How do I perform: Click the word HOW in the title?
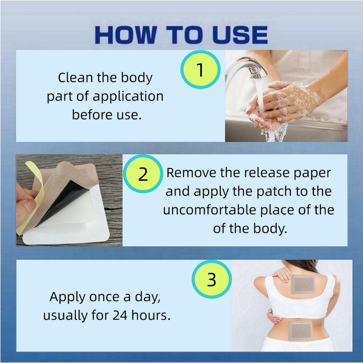coord(126,35)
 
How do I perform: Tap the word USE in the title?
coord(240,35)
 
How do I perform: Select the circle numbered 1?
coord(200,69)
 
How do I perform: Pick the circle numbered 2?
coord(143,174)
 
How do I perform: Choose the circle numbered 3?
coord(211,279)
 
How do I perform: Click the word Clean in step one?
coord(75,77)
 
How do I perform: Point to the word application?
coord(128,97)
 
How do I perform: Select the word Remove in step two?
coord(191,173)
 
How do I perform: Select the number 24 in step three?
coord(120,315)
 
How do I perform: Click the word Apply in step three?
coord(67,298)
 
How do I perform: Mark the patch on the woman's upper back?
coord(303,285)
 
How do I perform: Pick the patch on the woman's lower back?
coord(300,331)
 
